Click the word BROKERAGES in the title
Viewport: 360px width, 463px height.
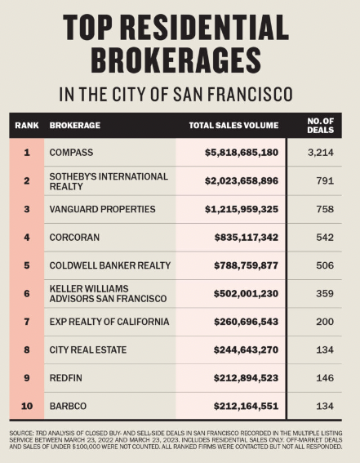(180, 60)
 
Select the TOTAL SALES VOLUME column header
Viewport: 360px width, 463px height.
(233, 126)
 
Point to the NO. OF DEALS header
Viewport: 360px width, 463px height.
(324, 126)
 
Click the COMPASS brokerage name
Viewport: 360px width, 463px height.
(72, 153)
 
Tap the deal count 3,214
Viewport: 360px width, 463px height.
(324, 153)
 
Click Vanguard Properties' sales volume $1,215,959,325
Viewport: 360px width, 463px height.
(242, 210)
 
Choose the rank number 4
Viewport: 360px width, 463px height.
(26, 238)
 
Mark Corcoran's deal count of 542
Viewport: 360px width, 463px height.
(324, 238)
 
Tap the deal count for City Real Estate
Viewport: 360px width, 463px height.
(324, 350)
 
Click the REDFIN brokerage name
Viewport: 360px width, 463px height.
(65, 378)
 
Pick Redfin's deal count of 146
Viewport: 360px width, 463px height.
(324, 378)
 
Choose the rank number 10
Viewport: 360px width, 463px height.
(26, 407)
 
